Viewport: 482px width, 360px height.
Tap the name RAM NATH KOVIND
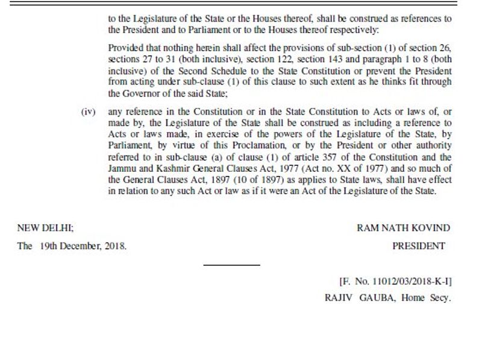click(403, 228)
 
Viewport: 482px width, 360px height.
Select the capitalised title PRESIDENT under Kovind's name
click(419, 245)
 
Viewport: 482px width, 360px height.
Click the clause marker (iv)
click(88, 112)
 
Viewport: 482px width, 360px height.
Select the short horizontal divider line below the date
click(231, 264)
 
